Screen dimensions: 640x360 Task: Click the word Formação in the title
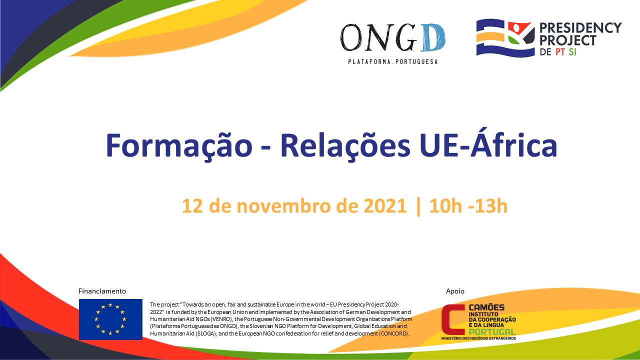(179, 145)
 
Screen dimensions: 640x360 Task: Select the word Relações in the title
(345, 145)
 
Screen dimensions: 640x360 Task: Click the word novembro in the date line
(283, 205)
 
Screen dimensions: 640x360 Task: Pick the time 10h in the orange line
(445, 205)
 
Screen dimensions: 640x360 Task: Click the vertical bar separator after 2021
(418, 206)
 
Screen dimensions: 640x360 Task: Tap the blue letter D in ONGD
(433, 37)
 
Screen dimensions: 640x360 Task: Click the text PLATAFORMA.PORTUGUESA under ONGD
(393, 61)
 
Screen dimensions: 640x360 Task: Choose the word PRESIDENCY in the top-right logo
(580, 28)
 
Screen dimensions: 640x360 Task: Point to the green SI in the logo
(572, 52)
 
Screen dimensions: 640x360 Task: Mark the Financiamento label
(102, 291)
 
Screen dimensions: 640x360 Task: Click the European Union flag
(110, 319)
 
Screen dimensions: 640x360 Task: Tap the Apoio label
(455, 291)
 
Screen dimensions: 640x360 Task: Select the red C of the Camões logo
(453, 319)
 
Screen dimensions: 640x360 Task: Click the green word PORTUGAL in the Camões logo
(492, 331)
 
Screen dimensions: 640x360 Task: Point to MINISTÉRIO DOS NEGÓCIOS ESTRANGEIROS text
(478, 338)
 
